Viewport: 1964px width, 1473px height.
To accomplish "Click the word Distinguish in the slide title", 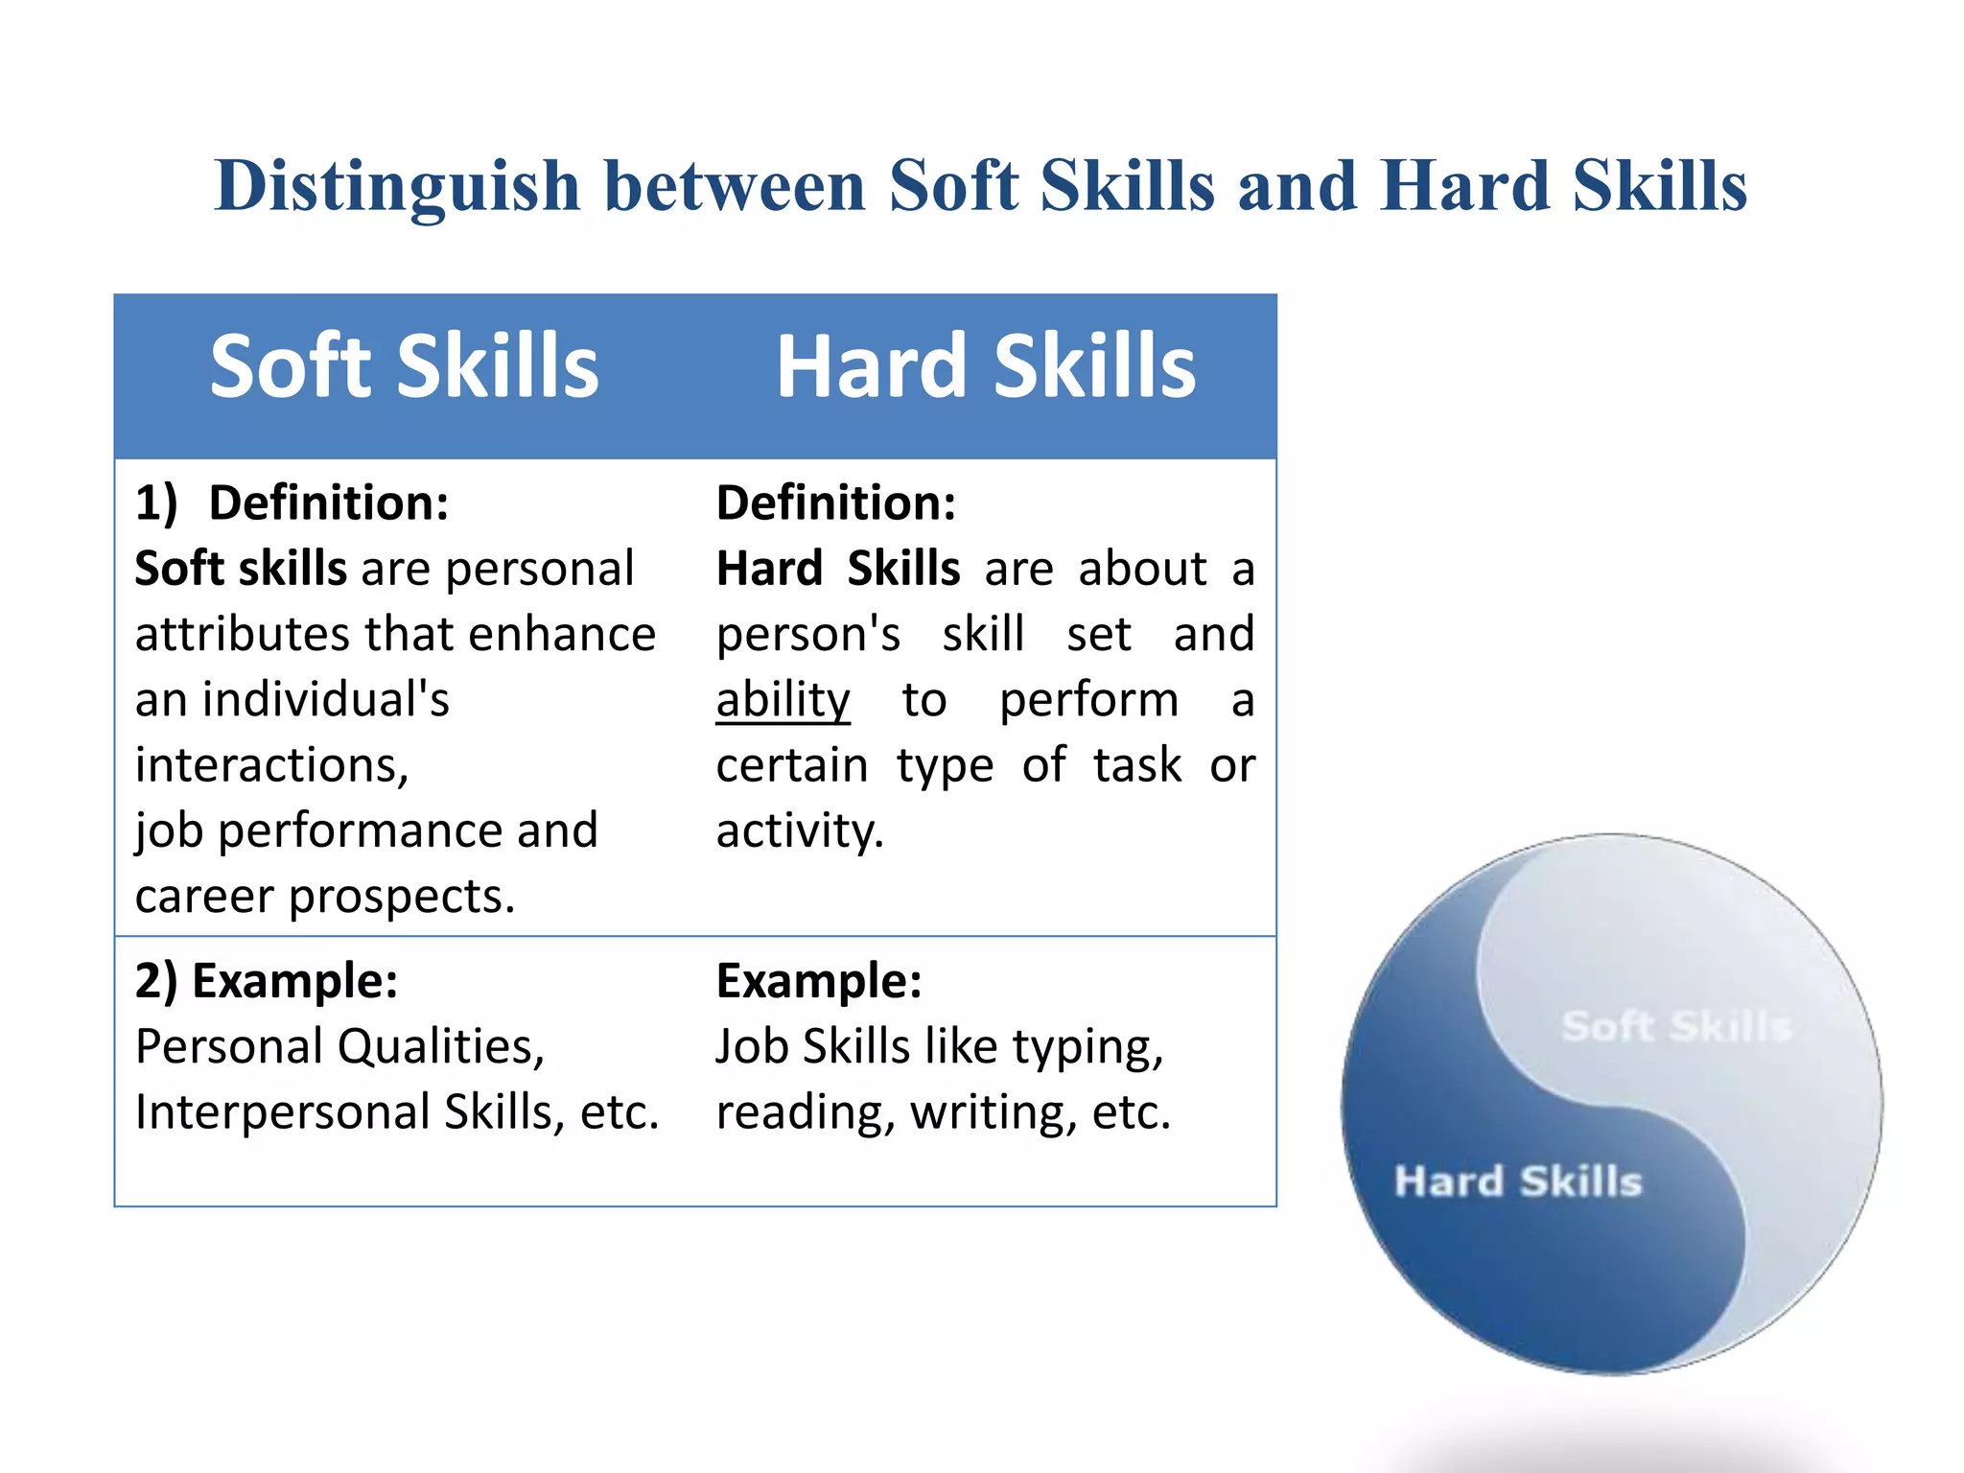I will point(398,186).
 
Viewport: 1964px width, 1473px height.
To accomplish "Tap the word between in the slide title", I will point(735,186).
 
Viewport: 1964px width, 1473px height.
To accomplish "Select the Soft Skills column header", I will point(405,366).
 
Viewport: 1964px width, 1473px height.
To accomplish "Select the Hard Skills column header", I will point(986,366).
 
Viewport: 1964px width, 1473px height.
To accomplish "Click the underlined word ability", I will point(783,700).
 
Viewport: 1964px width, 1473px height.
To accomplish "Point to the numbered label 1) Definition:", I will point(292,503).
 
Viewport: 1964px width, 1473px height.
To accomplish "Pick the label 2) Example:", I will point(266,981).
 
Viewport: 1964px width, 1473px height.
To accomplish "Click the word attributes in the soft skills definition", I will point(242,635).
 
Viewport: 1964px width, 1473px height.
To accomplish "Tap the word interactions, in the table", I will point(271,765).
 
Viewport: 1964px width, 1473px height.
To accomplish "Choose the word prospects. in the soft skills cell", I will point(402,897).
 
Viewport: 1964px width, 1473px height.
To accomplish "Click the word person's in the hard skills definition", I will point(807,635).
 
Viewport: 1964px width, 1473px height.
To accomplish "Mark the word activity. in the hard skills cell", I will point(799,831).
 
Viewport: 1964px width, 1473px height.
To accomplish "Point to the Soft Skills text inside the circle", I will point(1675,1026).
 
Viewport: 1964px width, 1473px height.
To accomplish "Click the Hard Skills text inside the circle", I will point(1517,1181).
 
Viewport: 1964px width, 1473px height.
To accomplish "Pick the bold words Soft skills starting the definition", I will point(241,569).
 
